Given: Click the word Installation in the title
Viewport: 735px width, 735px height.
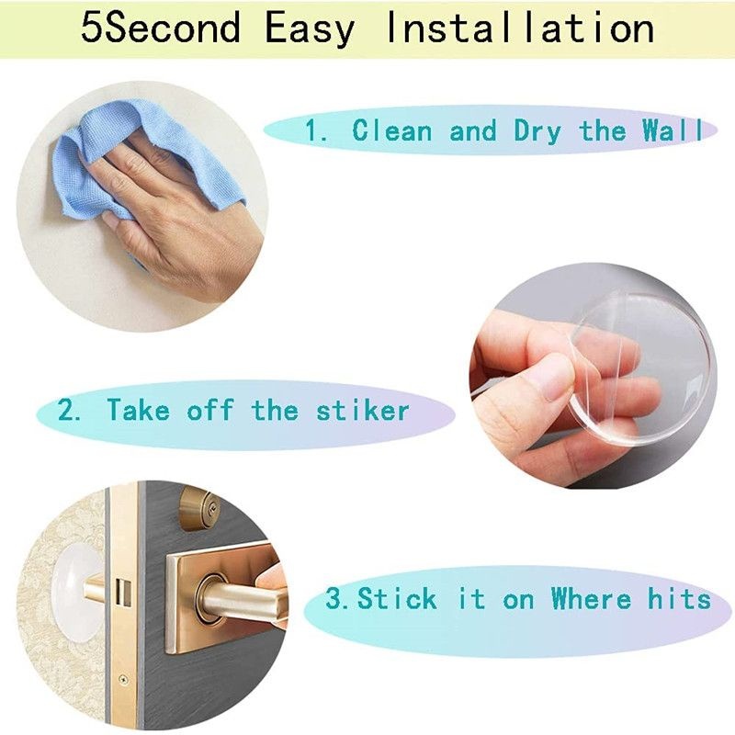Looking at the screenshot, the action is click(x=520, y=28).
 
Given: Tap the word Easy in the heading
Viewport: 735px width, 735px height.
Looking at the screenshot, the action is click(x=311, y=30).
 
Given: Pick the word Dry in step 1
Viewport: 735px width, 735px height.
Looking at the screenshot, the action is click(x=537, y=131).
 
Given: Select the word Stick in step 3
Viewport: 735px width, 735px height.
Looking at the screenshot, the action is click(x=397, y=598).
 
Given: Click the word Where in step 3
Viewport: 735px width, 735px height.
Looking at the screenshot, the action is click(x=591, y=598).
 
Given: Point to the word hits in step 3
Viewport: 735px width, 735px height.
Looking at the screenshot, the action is click(x=680, y=598).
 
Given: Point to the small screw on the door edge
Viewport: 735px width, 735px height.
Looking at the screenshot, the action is click(x=123, y=678).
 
